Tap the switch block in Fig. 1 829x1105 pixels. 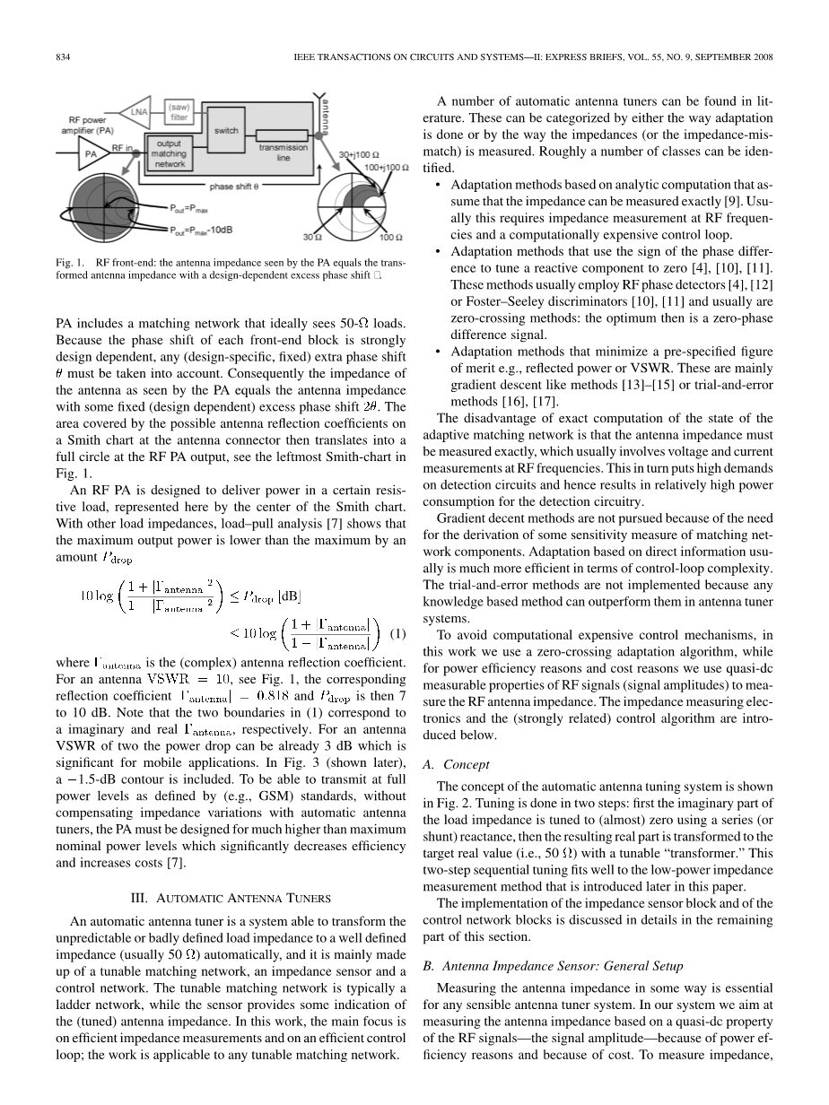226,131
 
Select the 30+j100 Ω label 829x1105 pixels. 359,155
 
